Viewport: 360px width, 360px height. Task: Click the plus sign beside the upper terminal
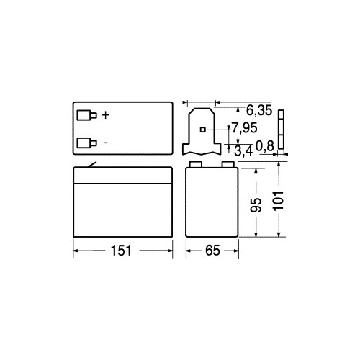[106, 114]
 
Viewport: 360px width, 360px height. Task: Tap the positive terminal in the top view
[86, 115]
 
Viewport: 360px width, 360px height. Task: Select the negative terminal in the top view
[86, 142]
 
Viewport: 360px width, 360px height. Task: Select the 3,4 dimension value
[243, 150]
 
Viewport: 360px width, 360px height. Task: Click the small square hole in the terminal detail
[202, 130]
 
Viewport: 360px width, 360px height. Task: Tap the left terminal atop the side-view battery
[194, 165]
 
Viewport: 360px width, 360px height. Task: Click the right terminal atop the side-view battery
[228, 165]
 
